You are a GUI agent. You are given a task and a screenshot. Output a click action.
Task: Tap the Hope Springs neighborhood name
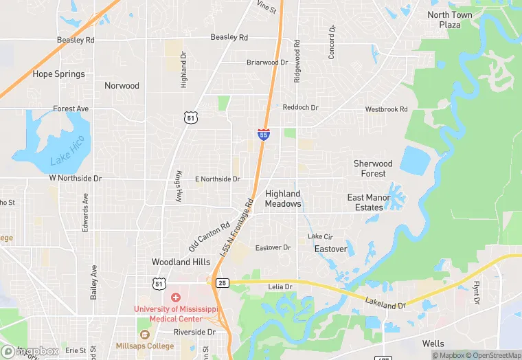pos(59,74)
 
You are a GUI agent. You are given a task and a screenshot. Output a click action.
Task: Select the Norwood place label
pos(122,86)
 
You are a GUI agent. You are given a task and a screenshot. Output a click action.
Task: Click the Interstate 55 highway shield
pos(263,135)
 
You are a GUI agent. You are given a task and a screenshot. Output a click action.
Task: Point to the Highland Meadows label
pos(283,199)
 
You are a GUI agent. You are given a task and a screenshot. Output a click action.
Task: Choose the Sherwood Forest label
pos(373,168)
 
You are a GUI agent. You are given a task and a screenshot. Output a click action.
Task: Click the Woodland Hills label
pos(181,262)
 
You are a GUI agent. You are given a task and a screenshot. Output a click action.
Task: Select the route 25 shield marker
pos(222,282)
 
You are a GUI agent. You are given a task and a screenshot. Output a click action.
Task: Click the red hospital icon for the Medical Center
pos(175,297)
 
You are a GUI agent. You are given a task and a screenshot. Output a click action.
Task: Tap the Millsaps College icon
pos(144,335)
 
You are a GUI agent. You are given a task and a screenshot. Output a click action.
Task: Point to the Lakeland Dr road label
pos(386,303)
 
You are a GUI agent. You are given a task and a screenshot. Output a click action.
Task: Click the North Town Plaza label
pos(450,20)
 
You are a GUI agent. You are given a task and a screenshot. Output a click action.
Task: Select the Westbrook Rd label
pos(386,109)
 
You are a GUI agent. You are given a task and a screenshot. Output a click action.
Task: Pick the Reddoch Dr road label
pos(301,108)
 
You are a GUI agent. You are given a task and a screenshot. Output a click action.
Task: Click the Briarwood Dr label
pos(267,62)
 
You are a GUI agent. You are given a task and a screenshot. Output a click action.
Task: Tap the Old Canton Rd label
pos(209,236)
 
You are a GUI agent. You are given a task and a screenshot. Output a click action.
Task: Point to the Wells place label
pos(433,344)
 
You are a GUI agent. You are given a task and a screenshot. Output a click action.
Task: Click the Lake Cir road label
pos(320,236)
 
